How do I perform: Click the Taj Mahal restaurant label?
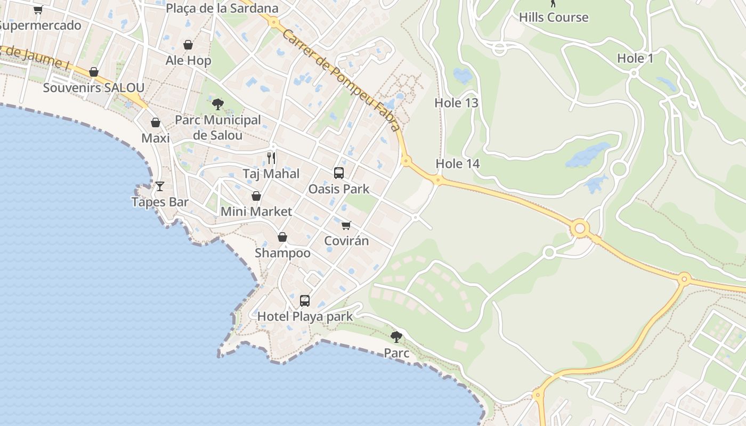271,174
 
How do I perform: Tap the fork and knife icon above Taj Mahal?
271,158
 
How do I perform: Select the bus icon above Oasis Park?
339,173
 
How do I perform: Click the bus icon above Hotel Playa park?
305,301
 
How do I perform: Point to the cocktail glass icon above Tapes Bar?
160,186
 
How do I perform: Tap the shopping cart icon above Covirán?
346,225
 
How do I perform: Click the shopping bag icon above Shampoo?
282,237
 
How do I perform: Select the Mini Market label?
256,211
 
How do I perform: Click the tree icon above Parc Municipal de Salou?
217,104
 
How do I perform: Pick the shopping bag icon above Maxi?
156,122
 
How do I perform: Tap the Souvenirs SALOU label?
93,88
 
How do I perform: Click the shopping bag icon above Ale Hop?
188,45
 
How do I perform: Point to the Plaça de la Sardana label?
222,9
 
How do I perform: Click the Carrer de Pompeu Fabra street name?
341,80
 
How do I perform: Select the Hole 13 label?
457,103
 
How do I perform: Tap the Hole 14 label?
458,163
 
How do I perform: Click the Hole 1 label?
635,59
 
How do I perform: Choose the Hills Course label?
554,17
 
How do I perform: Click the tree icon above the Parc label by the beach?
396,337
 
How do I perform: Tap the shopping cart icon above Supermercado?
38,10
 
